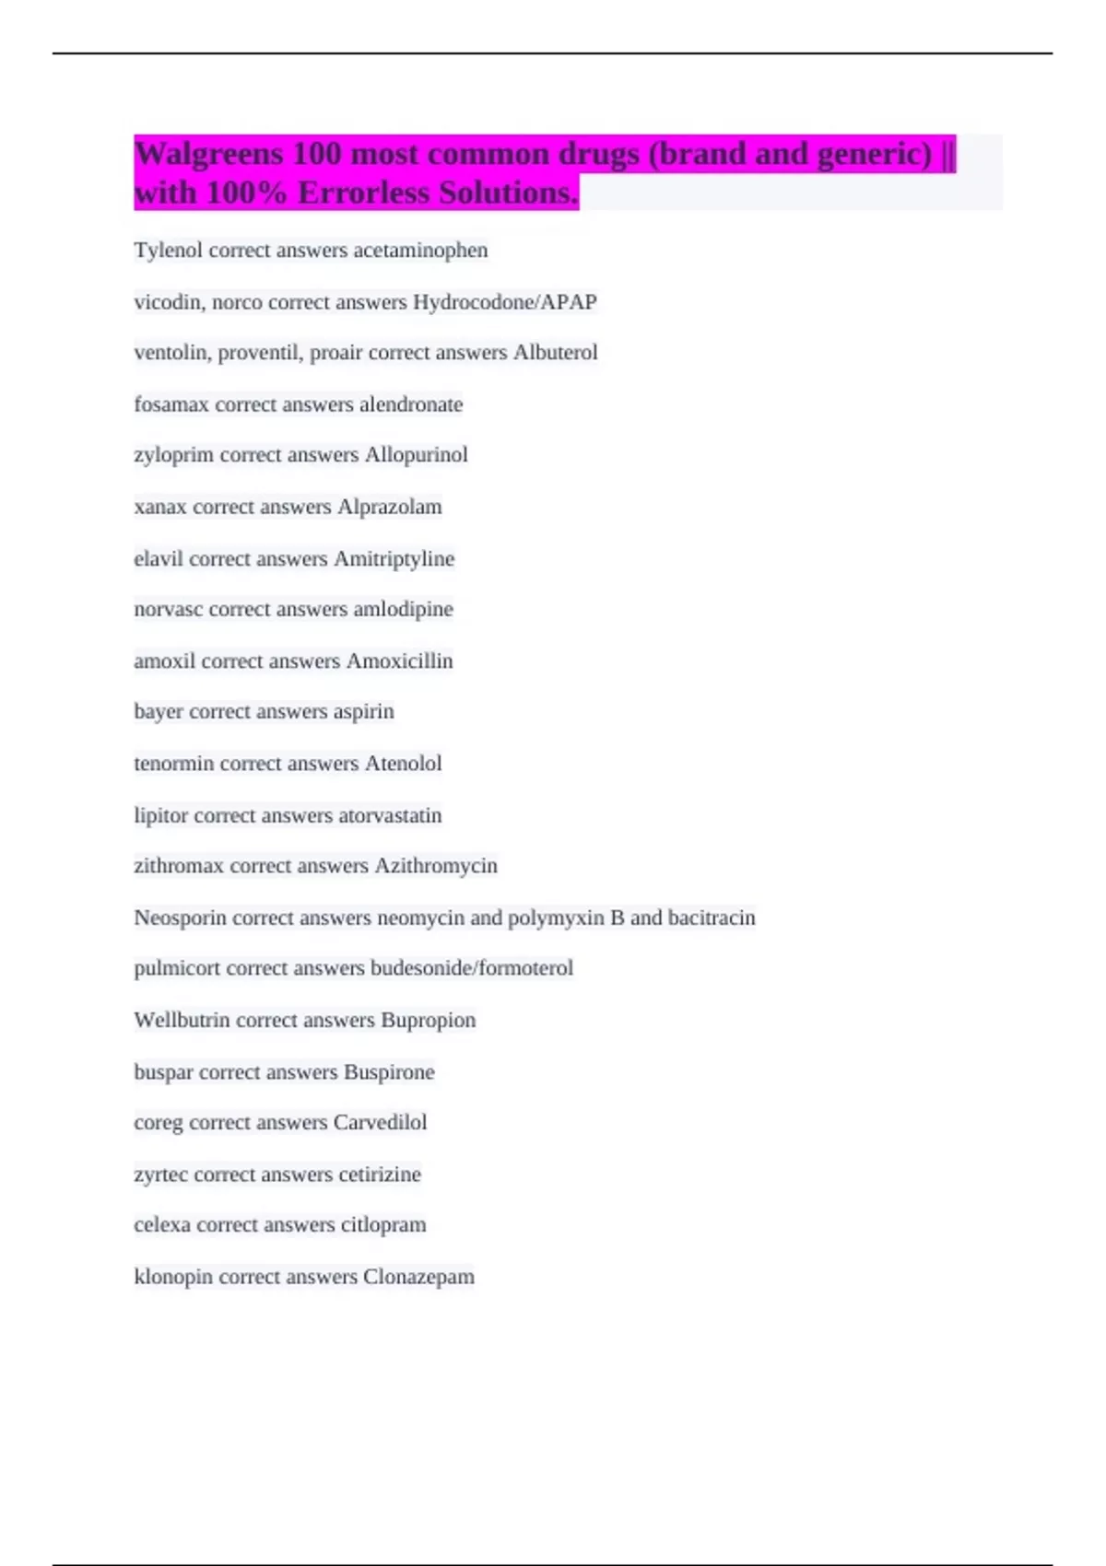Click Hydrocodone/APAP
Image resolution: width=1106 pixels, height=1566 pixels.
[505, 302]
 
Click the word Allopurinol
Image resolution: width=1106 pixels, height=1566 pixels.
[416, 455]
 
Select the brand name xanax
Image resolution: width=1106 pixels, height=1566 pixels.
[160, 507]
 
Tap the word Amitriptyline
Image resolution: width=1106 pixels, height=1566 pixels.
[394, 559]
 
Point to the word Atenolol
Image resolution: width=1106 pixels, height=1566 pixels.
[403, 764]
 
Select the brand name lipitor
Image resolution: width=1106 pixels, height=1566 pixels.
[161, 815]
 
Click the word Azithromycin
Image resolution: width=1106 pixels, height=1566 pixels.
[435, 866]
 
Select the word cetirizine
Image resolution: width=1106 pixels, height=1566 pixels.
[379, 1174]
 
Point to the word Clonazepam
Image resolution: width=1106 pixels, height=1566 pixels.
[418, 1277]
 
